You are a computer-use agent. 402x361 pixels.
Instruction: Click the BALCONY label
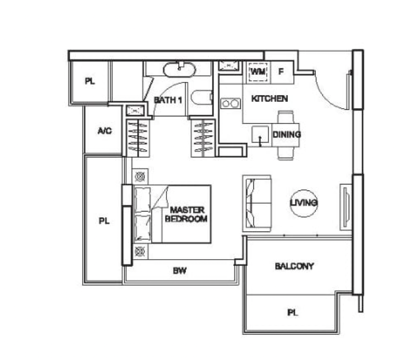tap(294, 266)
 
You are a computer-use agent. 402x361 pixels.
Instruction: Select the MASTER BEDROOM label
tap(186, 215)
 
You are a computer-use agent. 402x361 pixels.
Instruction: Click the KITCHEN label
tap(269, 99)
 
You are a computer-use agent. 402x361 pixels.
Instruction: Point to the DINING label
tap(286, 135)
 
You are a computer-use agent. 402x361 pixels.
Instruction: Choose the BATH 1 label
tap(167, 99)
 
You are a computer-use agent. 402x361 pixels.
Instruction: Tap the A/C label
tap(105, 131)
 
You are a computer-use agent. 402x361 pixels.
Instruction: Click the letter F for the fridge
tap(281, 72)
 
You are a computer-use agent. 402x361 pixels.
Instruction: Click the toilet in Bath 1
tap(201, 98)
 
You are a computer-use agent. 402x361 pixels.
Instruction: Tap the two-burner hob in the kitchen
tap(229, 103)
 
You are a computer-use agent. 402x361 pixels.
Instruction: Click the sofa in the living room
tap(257, 203)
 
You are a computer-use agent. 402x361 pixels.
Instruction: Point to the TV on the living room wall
tap(345, 206)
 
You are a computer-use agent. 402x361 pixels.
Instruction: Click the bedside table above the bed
tap(140, 176)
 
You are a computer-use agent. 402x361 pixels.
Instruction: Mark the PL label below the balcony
tap(293, 313)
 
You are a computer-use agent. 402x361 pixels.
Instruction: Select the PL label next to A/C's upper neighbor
tap(90, 82)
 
